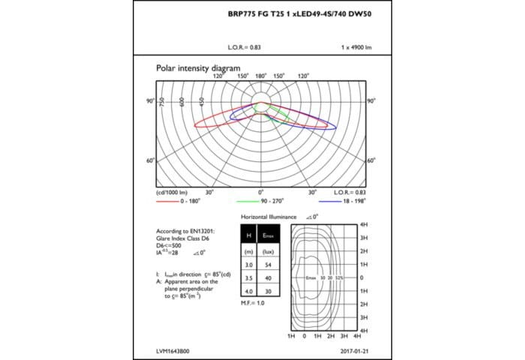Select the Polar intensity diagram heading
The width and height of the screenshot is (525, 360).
[x=198, y=67]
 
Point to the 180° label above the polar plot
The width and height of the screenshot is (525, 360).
[x=261, y=76]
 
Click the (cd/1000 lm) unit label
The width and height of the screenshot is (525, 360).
[x=173, y=193]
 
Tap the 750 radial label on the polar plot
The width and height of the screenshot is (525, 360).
[x=162, y=102]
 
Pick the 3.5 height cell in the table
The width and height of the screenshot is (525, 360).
[x=247, y=277]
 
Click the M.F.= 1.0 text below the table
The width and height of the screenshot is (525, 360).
[x=253, y=302]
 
